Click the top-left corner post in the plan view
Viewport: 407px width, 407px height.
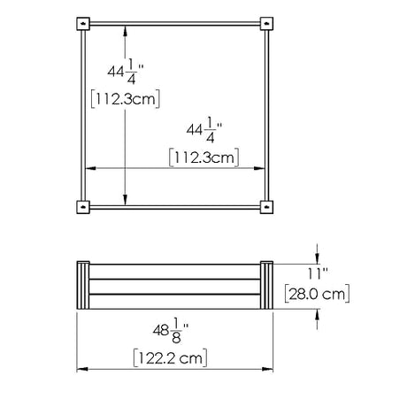pos(83,24)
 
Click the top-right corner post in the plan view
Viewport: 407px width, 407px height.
pos(266,24)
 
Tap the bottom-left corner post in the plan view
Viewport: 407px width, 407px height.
pos(83,207)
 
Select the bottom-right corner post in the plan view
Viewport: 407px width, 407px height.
pos(266,207)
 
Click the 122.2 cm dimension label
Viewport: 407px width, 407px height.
pos(170,358)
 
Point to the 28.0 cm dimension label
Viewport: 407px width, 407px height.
pos(317,294)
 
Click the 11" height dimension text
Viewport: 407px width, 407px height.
pos(318,273)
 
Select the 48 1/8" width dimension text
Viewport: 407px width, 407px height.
pos(171,330)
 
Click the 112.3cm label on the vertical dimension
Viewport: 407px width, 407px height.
pos(126,98)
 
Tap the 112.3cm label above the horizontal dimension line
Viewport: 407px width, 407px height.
pos(204,157)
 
